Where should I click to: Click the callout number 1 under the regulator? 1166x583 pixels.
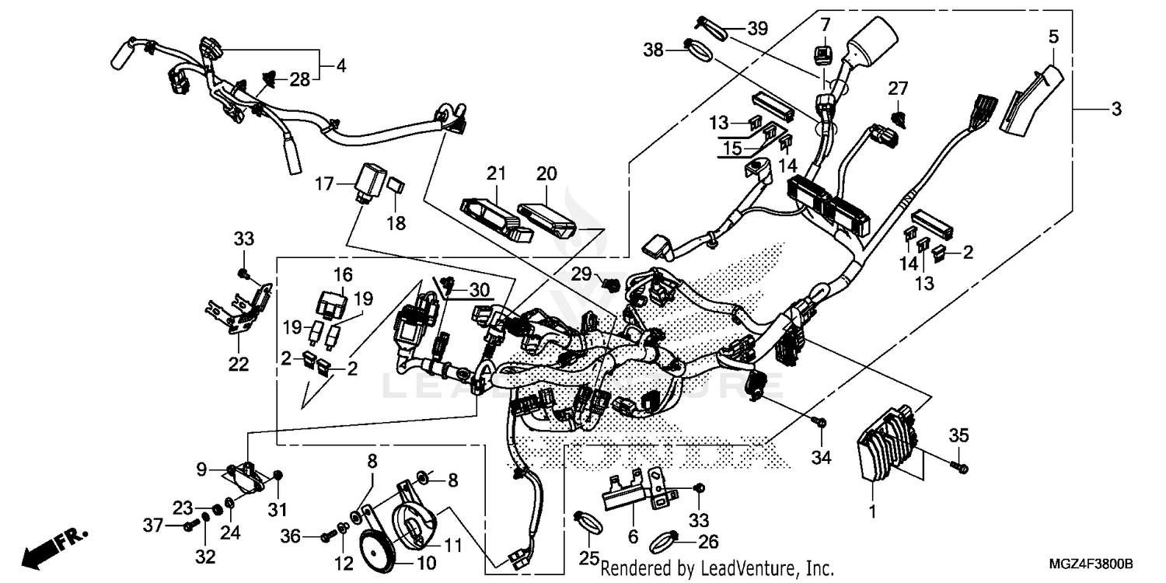click(872, 512)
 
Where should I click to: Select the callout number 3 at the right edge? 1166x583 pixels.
click(1116, 110)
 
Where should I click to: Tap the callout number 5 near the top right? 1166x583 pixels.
click(1053, 36)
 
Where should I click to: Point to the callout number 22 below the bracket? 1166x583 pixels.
click(239, 364)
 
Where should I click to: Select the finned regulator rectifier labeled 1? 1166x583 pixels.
click(886, 452)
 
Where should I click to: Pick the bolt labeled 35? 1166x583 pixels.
click(962, 467)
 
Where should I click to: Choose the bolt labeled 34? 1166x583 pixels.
click(819, 422)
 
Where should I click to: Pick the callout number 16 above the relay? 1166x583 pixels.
click(343, 274)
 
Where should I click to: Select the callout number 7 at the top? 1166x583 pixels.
click(825, 23)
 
